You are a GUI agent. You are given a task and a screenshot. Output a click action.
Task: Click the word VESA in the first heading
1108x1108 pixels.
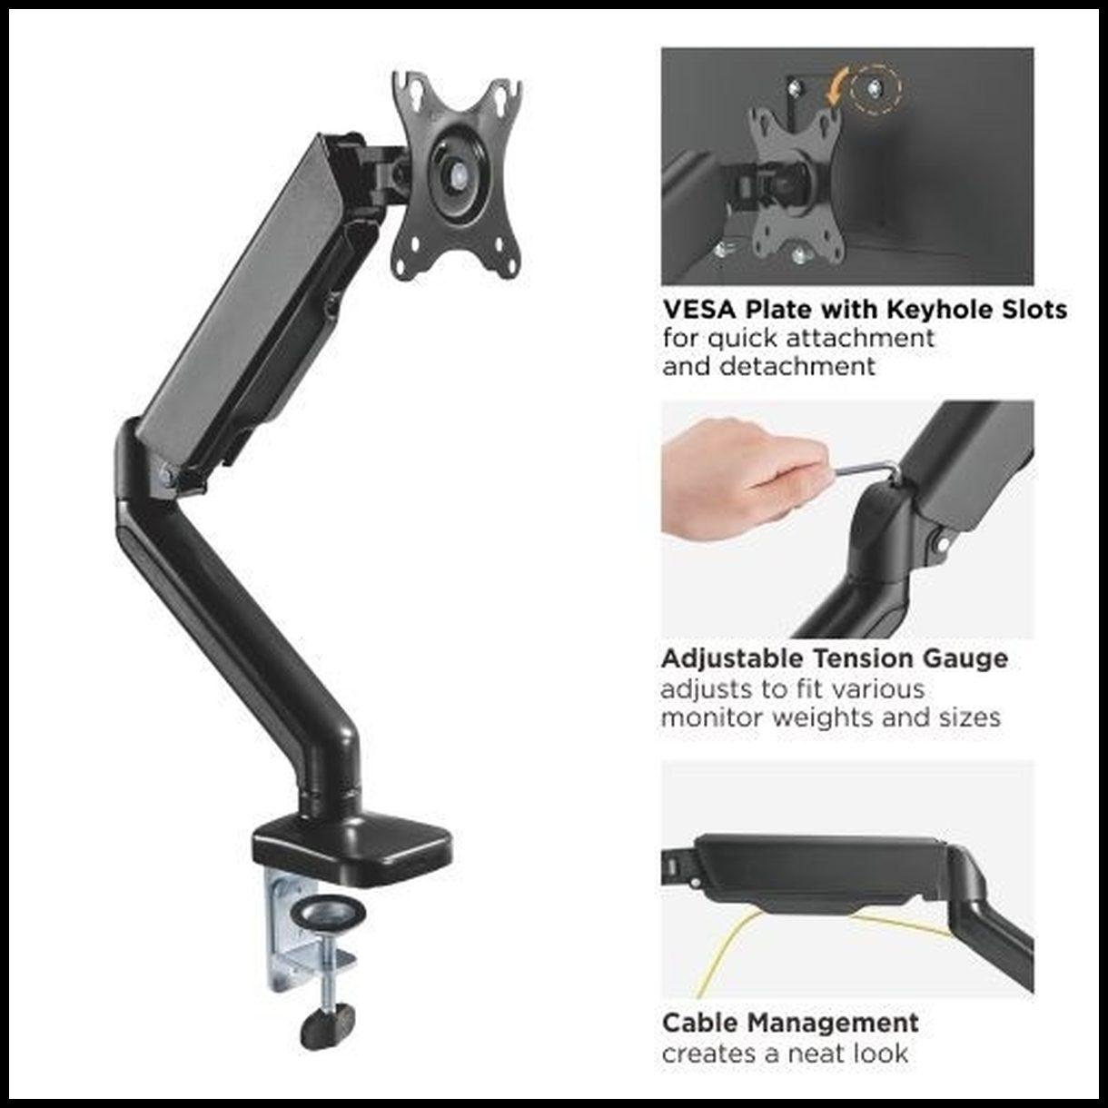pos(699,310)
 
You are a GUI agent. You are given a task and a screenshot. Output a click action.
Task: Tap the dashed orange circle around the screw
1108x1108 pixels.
pos(876,88)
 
